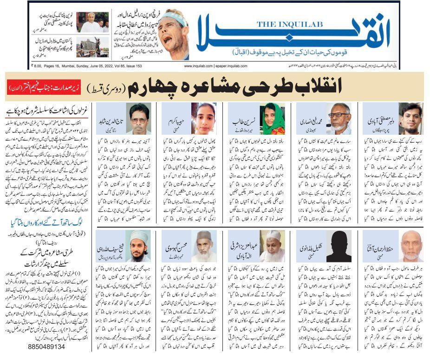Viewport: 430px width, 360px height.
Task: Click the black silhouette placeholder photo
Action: tap(339, 246)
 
